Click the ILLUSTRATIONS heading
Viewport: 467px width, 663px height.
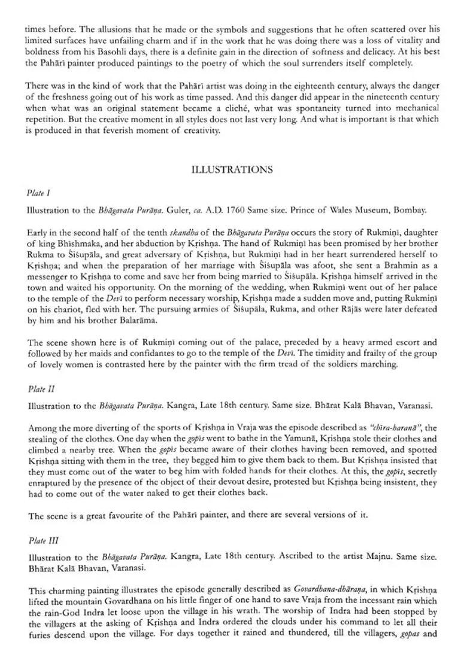(x=231, y=169)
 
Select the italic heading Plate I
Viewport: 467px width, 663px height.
(x=38, y=193)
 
